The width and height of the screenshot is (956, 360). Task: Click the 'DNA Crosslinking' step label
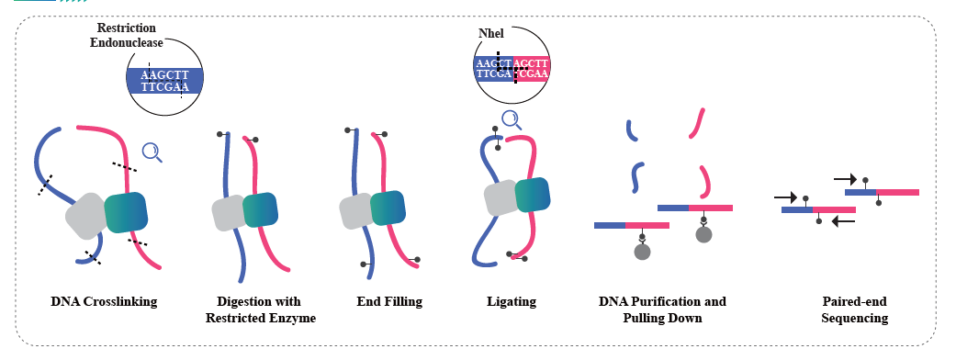(x=104, y=301)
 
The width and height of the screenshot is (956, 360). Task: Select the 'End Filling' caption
(x=389, y=301)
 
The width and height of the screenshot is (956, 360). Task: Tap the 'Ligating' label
(x=512, y=301)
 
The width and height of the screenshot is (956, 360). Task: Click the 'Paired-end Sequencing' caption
(x=854, y=310)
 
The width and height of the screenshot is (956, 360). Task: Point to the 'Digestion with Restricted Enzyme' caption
(x=260, y=310)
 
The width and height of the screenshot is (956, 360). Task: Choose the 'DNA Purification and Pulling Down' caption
(x=663, y=310)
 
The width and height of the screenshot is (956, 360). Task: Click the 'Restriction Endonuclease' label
(x=127, y=36)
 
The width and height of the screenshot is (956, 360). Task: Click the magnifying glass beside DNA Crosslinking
(x=152, y=152)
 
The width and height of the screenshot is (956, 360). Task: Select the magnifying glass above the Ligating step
(x=512, y=120)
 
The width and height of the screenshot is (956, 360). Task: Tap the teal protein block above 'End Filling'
(x=388, y=208)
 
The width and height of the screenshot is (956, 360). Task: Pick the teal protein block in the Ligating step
(x=533, y=195)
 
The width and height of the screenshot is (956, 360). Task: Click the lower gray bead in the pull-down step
(x=642, y=252)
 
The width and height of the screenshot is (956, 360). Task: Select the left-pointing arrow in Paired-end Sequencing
(x=843, y=221)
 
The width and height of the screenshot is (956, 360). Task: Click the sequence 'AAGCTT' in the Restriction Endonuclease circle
(x=164, y=75)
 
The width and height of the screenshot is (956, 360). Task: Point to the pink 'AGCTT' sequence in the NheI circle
(x=531, y=63)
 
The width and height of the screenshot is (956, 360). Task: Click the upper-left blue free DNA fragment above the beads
(x=632, y=130)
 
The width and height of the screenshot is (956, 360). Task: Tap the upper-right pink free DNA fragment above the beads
(x=698, y=123)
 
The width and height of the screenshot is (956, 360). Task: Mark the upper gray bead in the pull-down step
(x=704, y=234)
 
